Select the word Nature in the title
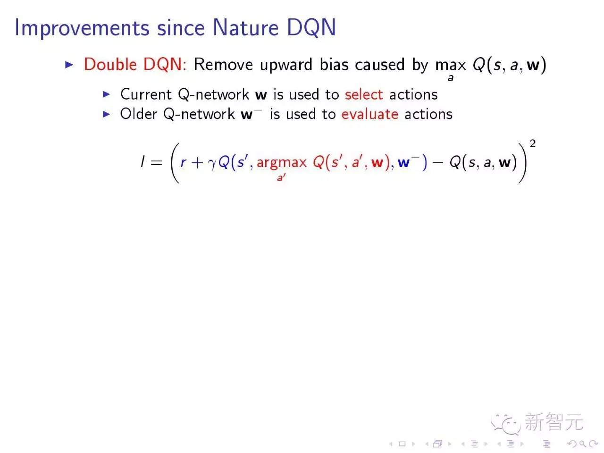(246, 27)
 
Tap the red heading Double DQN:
(135, 65)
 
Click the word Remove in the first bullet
(223, 65)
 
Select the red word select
(364, 94)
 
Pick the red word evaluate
(370, 114)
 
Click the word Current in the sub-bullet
(146, 94)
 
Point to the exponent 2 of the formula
(533, 143)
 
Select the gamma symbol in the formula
(212, 164)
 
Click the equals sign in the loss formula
(157, 163)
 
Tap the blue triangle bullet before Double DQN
(69, 65)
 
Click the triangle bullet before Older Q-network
(107, 114)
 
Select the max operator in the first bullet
(450, 65)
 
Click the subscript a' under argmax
(281, 178)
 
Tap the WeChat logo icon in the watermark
(505, 423)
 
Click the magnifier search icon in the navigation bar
(583, 444)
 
